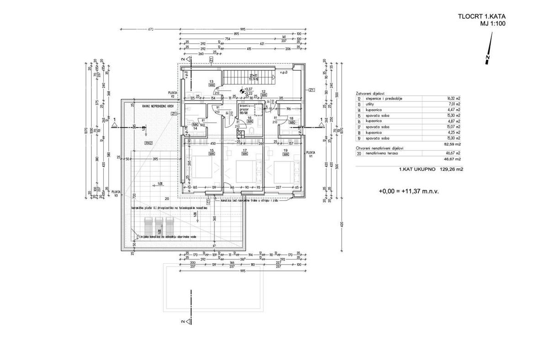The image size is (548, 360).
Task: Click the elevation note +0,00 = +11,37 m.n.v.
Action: [409, 191]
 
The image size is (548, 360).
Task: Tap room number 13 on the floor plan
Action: [211, 81]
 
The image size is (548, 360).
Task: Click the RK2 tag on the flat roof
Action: [148, 143]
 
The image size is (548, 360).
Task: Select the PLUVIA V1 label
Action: [311, 154]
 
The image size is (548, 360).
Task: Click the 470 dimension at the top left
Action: [149, 30]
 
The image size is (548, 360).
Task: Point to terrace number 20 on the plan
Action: [166, 199]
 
